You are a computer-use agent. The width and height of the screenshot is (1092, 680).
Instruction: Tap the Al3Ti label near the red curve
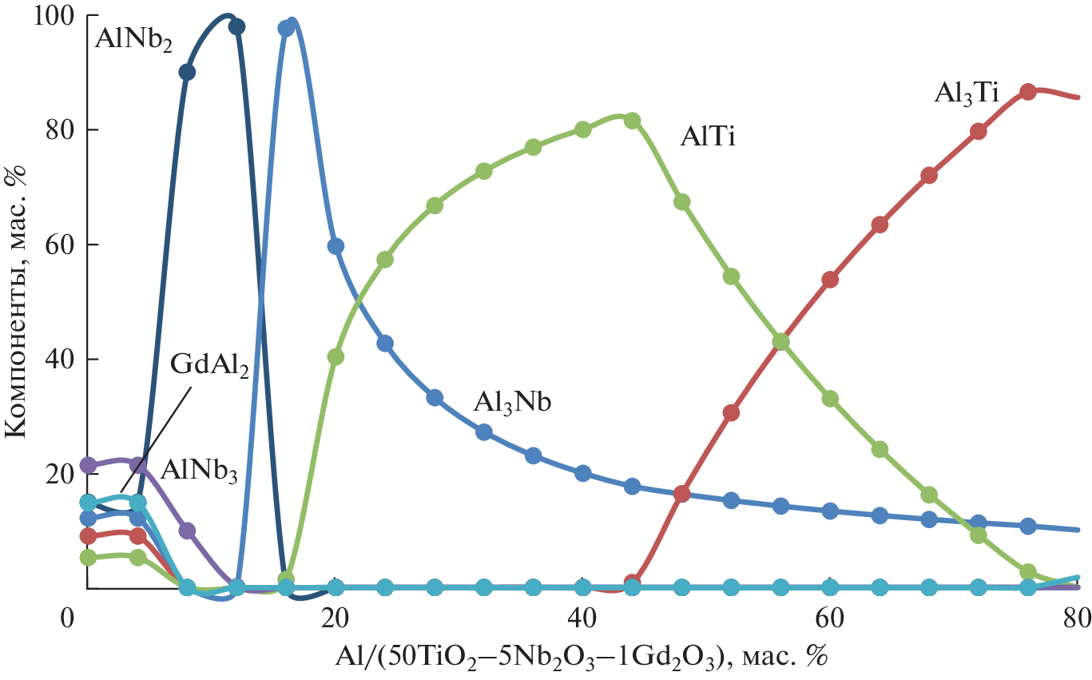click(966, 94)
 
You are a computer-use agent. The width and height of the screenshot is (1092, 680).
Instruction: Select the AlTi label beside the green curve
click(707, 137)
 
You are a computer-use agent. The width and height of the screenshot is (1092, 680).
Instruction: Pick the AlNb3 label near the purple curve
click(199, 470)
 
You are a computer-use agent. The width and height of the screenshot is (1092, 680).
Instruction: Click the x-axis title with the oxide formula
click(582, 657)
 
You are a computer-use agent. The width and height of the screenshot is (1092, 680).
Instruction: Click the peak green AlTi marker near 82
click(632, 121)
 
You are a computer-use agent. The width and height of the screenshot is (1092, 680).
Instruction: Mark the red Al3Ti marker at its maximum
click(1028, 91)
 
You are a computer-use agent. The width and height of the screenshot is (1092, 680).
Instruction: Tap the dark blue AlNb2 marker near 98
click(236, 26)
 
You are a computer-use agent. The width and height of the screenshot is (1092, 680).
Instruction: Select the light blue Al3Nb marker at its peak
click(287, 29)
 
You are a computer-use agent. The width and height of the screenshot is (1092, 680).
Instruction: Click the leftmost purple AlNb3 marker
click(89, 464)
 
